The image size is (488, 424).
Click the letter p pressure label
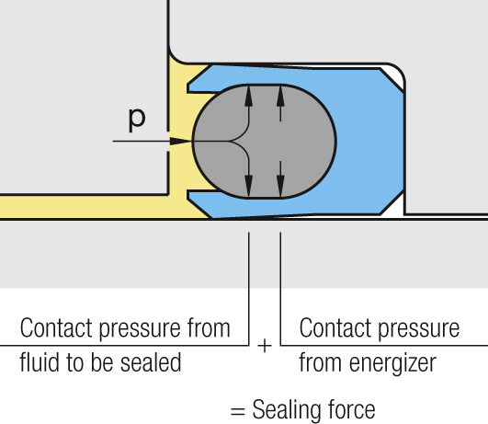click(x=137, y=120)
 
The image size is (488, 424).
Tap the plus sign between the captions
click(x=265, y=346)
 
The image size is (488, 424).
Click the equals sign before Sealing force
click(x=238, y=411)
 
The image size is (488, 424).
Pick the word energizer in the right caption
click(x=392, y=363)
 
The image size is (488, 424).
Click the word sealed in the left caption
click(x=151, y=361)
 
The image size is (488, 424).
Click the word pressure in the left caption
click(x=140, y=328)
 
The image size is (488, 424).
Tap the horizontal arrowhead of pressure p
click(x=180, y=141)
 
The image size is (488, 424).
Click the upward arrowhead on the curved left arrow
click(x=248, y=97)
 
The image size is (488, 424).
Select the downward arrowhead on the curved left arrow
click(x=248, y=186)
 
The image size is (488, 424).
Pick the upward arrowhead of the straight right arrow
click(x=280, y=97)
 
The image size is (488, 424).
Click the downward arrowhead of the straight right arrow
click(x=280, y=186)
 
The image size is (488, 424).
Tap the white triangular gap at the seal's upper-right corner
click(x=396, y=75)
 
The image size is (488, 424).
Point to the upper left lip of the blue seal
click(x=200, y=84)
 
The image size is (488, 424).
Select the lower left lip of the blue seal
click(x=200, y=201)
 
